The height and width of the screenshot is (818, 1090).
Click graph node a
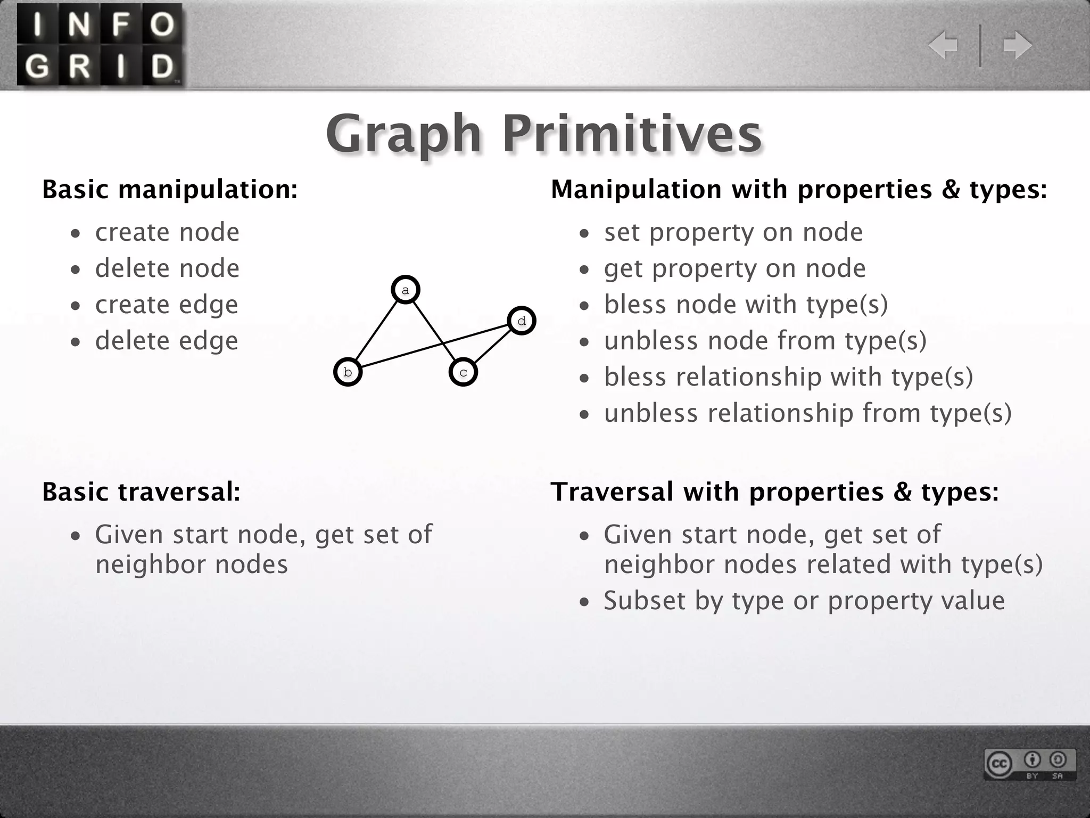pyautogui.click(x=406, y=290)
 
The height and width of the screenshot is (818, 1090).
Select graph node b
pyautogui.click(x=348, y=372)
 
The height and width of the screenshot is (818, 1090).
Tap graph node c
pyautogui.click(x=463, y=372)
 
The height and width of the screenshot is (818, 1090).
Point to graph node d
pyautogui.click(x=522, y=321)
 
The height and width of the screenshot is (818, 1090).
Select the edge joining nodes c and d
pyautogui.click(x=492, y=346)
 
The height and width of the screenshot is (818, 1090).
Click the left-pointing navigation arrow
pyautogui.click(x=943, y=45)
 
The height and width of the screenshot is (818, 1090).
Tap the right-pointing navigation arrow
pyautogui.click(x=1017, y=45)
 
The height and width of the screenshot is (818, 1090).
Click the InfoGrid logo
pyautogui.click(x=100, y=45)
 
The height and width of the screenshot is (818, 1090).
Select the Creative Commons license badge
pyautogui.click(x=1030, y=764)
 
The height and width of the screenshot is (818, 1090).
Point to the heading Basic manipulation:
pyautogui.click(x=170, y=190)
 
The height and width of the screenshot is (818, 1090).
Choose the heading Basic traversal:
pyautogui.click(x=141, y=492)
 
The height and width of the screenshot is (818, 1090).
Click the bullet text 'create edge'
pyautogui.click(x=167, y=305)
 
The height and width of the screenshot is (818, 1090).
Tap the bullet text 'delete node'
pyautogui.click(x=167, y=268)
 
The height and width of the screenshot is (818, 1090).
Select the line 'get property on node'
pyautogui.click(x=734, y=268)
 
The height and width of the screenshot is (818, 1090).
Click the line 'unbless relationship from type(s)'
pyautogui.click(x=807, y=413)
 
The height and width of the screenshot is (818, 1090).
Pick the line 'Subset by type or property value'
pyautogui.click(x=804, y=601)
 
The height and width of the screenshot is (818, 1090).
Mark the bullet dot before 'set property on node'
pyautogui.click(x=585, y=234)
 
